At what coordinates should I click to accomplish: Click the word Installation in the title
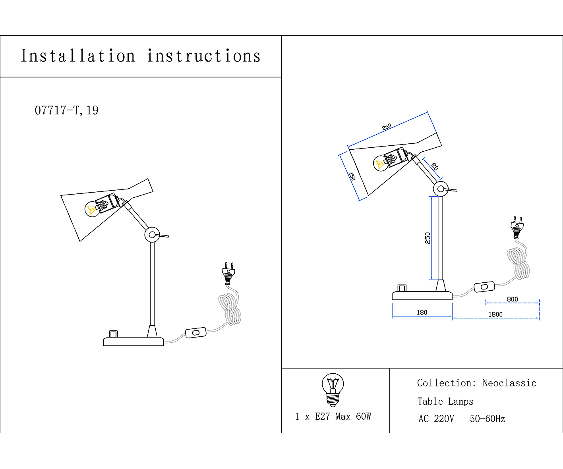[x=78, y=56]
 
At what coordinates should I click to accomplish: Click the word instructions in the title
[x=204, y=56]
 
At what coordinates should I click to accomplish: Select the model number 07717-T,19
[x=67, y=110]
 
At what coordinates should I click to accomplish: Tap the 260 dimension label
[x=387, y=127]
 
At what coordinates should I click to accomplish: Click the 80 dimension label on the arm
[x=434, y=166]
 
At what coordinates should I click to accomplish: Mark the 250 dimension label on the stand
[x=428, y=238]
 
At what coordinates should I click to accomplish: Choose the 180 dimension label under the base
[x=422, y=312]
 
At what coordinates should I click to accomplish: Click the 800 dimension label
[x=512, y=299]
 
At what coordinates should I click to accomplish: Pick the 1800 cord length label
[x=495, y=314]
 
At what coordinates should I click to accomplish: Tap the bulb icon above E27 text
[x=333, y=390]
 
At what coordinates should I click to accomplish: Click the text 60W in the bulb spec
[x=364, y=416]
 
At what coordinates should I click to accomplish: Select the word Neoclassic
[x=509, y=383]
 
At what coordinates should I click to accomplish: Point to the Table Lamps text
[x=445, y=401]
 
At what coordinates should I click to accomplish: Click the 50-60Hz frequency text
[x=488, y=419]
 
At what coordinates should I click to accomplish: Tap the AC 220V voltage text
[x=436, y=419]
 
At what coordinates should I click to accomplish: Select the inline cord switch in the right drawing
[x=484, y=287]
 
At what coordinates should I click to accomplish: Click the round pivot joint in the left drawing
[x=152, y=235]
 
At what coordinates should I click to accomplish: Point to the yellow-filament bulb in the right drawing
[x=381, y=163]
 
